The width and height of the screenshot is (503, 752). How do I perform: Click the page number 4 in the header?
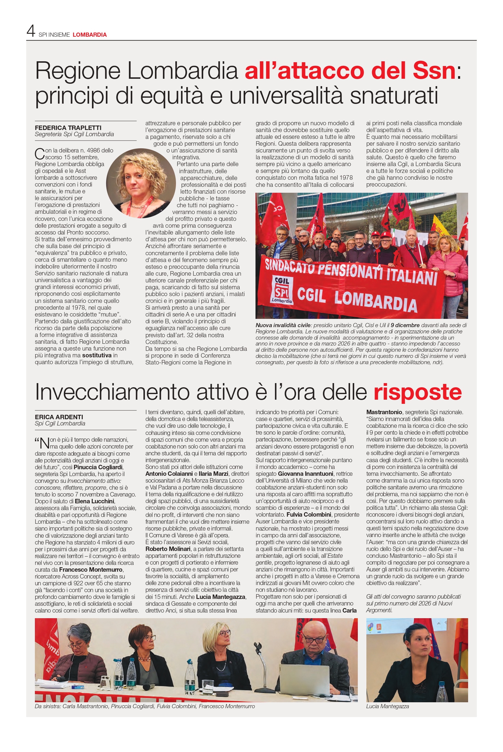pos(30,31)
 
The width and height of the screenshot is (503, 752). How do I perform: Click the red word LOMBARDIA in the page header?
pos(90,35)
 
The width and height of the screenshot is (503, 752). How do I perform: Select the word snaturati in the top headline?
pos(394,96)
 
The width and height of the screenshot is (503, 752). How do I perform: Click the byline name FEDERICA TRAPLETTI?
pos(68,128)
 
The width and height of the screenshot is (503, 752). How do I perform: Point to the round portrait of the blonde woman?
pos(141,183)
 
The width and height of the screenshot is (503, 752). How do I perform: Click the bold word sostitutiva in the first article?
pos(97,356)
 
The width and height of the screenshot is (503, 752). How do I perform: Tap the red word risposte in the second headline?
pos(417,392)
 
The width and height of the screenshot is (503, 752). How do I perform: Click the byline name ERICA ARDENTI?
pos(59,417)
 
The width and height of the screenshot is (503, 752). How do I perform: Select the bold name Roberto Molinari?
pos(168,549)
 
